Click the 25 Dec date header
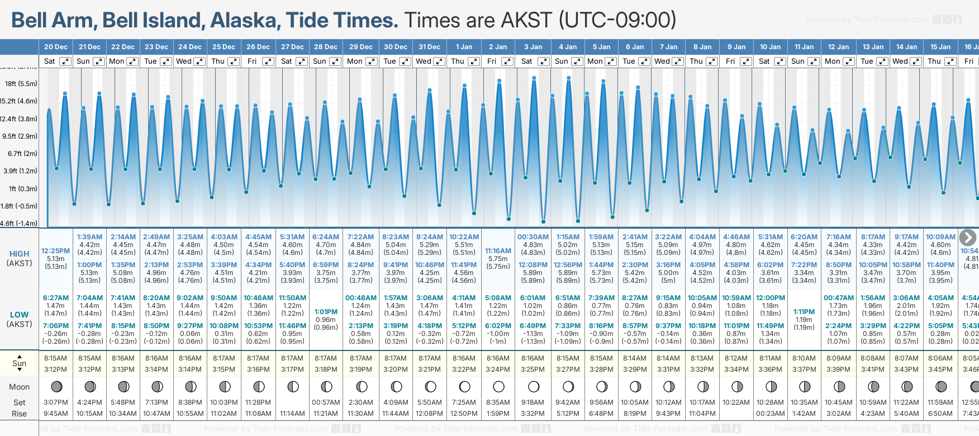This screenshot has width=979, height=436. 224,47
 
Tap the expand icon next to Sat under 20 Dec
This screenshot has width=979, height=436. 65,61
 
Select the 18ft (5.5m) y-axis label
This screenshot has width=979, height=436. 21,84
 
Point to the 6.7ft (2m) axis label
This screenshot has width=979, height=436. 22,154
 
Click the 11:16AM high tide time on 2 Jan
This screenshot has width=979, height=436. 498,251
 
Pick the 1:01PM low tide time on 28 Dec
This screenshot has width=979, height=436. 326,312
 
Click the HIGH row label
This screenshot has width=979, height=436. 19,254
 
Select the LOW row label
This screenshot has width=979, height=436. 19,315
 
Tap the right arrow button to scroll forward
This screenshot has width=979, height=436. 967,238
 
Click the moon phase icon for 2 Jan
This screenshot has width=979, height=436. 498,387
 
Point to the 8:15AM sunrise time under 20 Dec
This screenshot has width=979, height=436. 55,358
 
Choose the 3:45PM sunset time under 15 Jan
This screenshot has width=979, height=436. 940,369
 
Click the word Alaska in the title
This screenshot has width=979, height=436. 245,21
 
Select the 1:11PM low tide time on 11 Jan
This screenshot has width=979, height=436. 804,312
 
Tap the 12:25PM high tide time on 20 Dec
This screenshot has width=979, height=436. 55,251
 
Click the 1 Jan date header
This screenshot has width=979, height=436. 464,47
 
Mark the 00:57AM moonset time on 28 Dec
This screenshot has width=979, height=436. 326,402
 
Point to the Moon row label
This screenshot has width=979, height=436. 19,387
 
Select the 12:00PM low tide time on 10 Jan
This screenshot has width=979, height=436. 770,298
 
